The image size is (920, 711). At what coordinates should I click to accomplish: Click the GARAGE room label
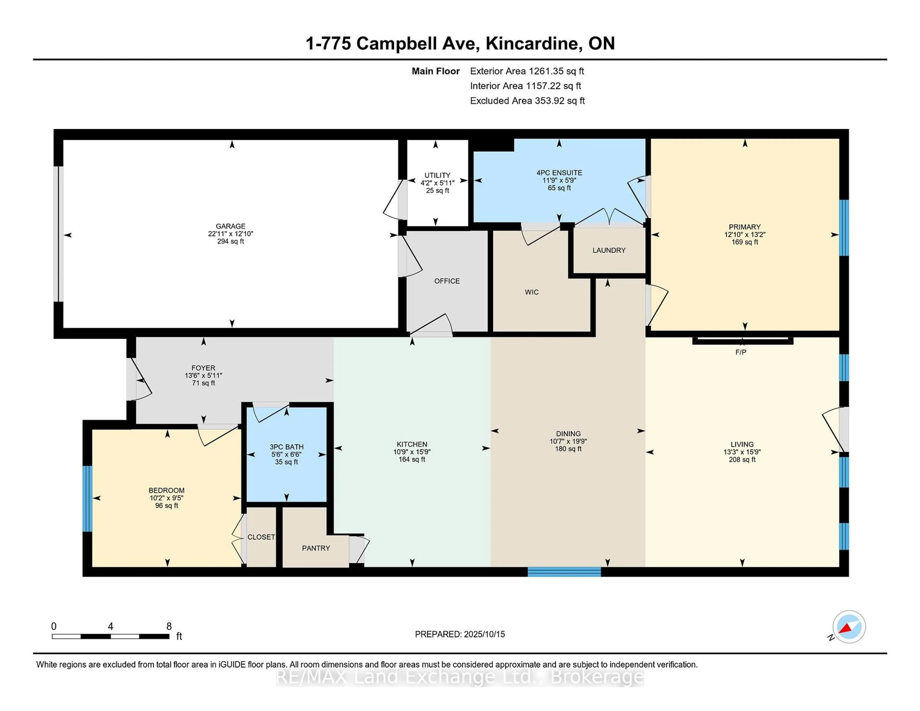pyautogui.click(x=230, y=226)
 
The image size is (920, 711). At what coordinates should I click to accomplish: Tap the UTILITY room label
pyautogui.click(x=437, y=175)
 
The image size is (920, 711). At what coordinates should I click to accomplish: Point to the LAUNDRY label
pyautogui.click(x=609, y=250)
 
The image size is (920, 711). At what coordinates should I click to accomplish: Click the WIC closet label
pyautogui.click(x=532, y=292)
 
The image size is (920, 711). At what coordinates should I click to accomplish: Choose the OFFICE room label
pyautogui.click(x=447, y=281)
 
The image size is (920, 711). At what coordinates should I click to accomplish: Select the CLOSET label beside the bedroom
pyautogui.click(x=261, y=537)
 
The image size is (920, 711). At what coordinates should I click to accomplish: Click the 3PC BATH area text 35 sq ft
pyautogui.click(x=287, y=462)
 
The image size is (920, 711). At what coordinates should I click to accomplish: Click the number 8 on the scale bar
pyautogui.click(x=169, y=626)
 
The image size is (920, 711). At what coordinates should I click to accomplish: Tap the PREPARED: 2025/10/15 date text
pyautogui.click(x=460, y=634)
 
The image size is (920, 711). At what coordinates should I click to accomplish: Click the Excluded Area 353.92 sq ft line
pyautogui.click(x=527, y=101)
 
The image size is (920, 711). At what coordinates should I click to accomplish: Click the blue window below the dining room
pyautogui.click(x=564, y=572)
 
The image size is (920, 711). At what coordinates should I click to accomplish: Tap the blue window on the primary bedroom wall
pyautogui.click(x=844, y=228)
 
